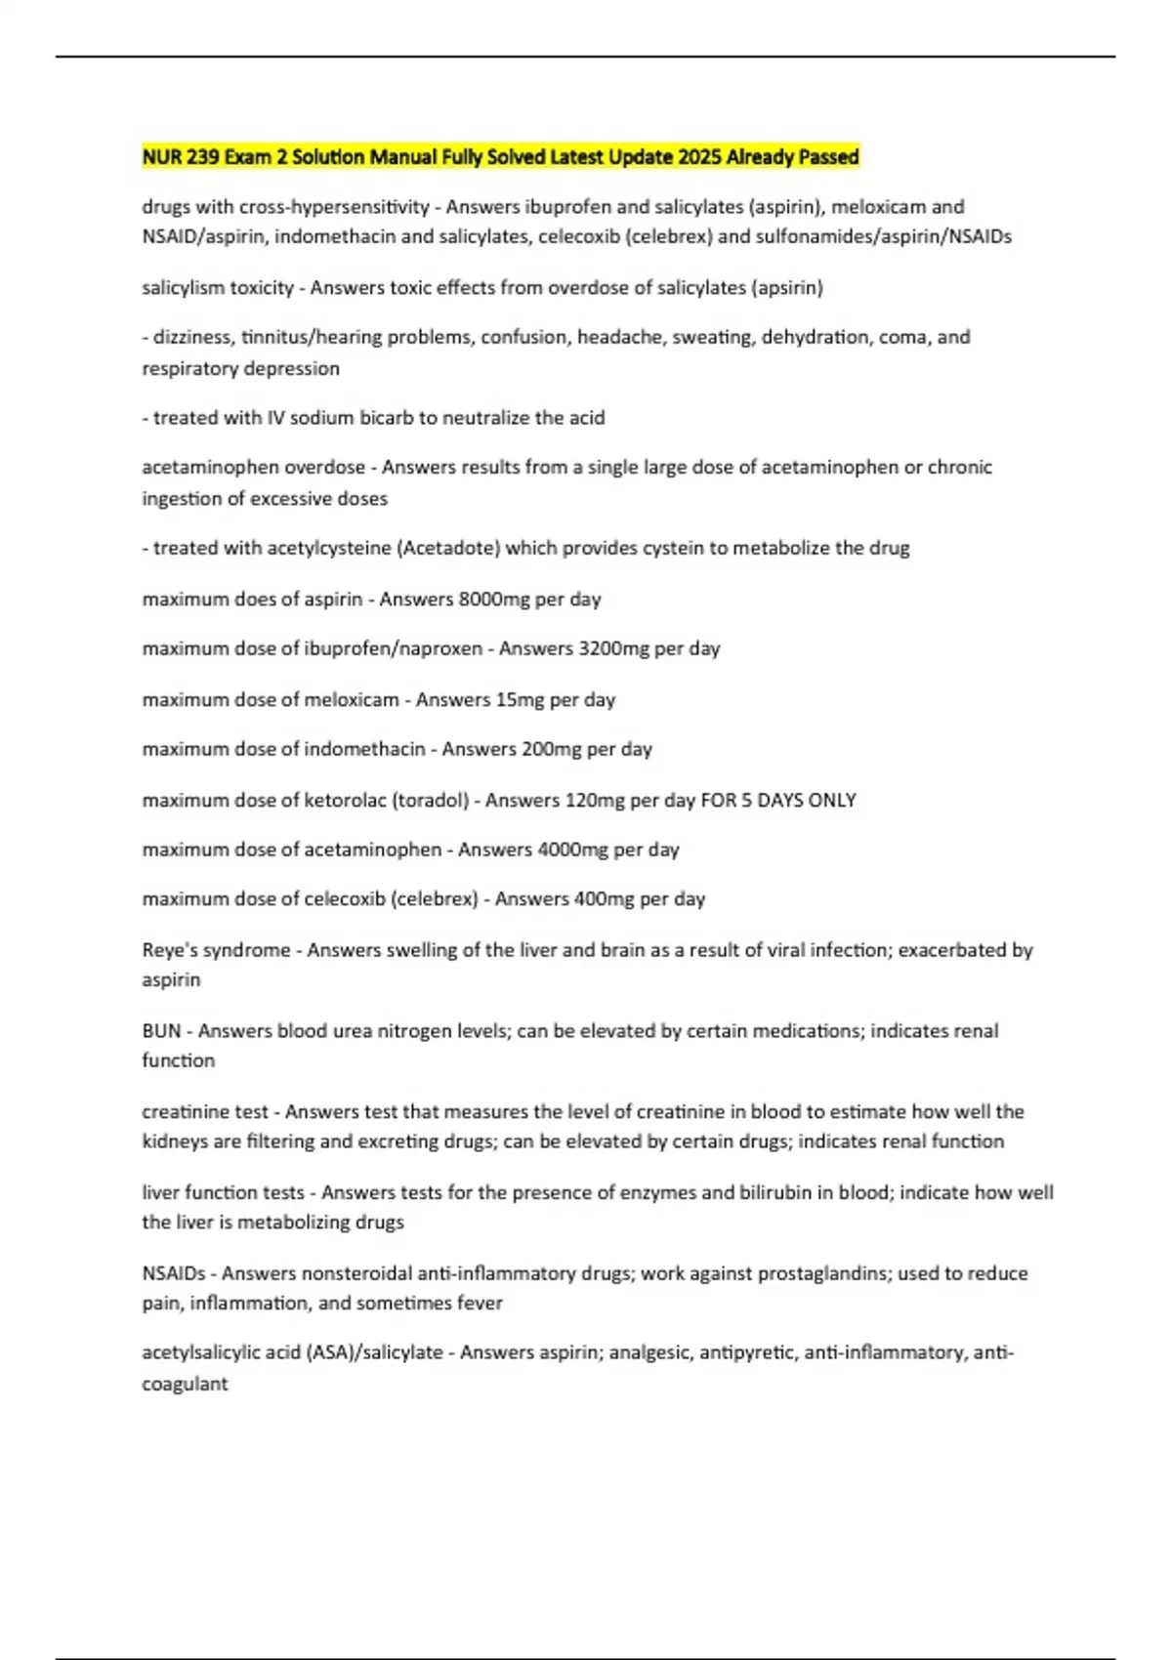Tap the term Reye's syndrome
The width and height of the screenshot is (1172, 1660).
click(216, 950)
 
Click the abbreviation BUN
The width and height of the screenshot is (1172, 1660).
click(161, 1031)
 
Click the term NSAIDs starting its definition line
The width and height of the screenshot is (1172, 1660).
click(174, 1273)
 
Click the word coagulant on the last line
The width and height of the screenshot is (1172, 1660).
click(185, 1384)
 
